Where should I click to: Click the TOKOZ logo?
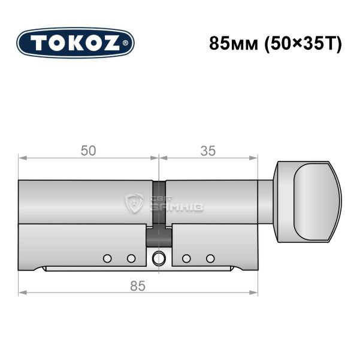[75, 43]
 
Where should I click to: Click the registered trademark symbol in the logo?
[125, 43]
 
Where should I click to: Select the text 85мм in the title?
[234, 44]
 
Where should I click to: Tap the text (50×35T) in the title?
[303, 44]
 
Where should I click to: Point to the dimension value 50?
[88, 151]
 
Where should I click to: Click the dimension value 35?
[208, 151]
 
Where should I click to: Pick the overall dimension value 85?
[138, 285]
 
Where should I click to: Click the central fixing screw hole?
[159, 258]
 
